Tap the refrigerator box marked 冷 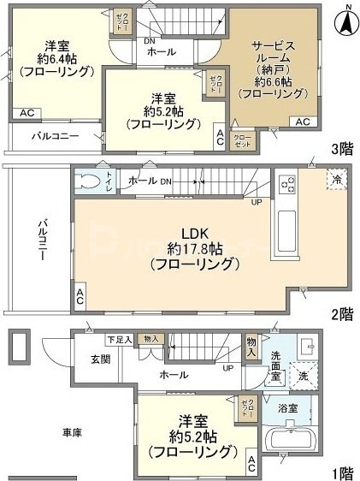tap(336, 181)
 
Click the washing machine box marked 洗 tap(304, 374)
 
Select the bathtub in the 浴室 tap(292, 443)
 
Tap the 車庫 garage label tap(72, 433)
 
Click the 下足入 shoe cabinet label tap(119, 340)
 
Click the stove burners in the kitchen tap(286, 184)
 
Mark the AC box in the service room tap(303, 122)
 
